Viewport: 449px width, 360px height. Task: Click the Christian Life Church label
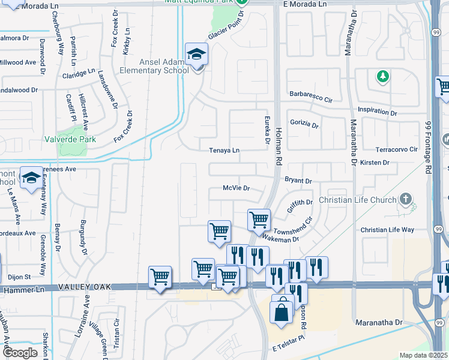coord(358,200)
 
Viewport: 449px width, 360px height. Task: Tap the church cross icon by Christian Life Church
coord(406,200)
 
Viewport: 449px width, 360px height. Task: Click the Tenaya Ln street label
coord(224,151)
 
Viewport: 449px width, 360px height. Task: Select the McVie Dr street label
coord(236,188)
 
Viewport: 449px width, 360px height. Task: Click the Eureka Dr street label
coord(267,127)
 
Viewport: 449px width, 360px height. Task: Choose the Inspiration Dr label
coord(378,111)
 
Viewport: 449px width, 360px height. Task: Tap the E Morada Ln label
coord(304,4)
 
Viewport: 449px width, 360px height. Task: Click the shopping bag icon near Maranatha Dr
coord(281,312)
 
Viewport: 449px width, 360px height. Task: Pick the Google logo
coord(20,353)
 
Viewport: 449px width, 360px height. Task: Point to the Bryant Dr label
coord(298,181)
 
